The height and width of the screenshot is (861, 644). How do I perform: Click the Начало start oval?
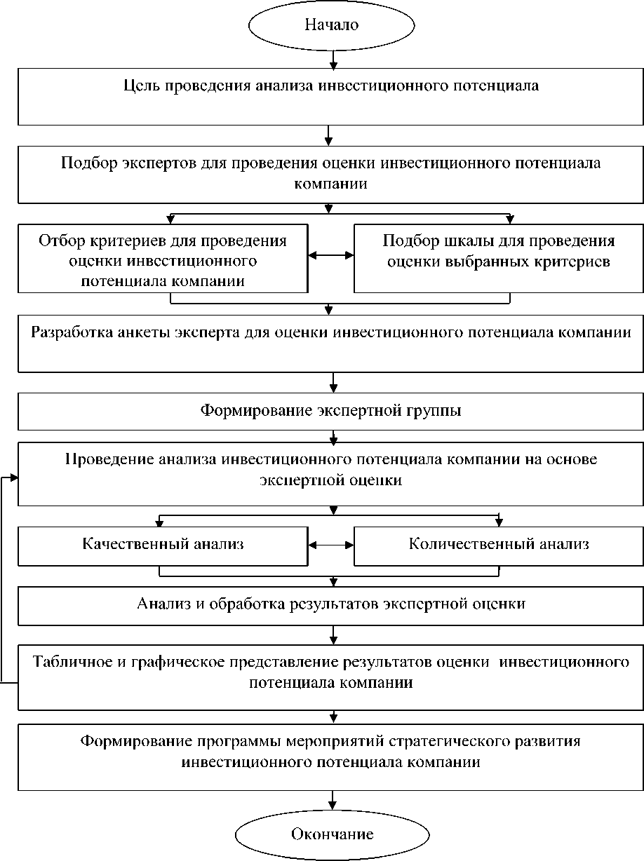(x=330, y=25)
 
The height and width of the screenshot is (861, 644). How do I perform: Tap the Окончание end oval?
(x=332, y=834)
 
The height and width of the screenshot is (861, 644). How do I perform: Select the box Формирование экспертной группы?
(x=330, y=411)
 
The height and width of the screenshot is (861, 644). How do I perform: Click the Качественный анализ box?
(x=163, y=545)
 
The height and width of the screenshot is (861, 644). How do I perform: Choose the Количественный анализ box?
(x=499, y=545)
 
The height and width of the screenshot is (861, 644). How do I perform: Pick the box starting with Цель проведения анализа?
(x=330, y=95)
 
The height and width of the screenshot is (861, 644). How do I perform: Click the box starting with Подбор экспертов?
(x=330, y=173)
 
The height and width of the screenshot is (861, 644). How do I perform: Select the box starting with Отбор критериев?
(x=163, y=257)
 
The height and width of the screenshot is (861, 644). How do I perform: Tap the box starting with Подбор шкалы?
(x=499, y=257)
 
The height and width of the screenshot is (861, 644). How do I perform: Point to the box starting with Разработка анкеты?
(x=330, y=343)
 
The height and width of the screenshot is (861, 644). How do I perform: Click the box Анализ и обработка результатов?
(x=330, y=605)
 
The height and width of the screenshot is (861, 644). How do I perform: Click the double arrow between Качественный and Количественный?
(x=330, y=545)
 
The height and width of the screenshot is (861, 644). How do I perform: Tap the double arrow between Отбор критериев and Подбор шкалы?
(x=330, y=257)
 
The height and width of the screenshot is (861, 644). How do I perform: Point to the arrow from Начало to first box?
(x=330, y=59)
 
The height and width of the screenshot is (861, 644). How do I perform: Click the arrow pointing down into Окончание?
(x=333, y=801)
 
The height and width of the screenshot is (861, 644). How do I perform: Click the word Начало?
(x=330, y=25)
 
